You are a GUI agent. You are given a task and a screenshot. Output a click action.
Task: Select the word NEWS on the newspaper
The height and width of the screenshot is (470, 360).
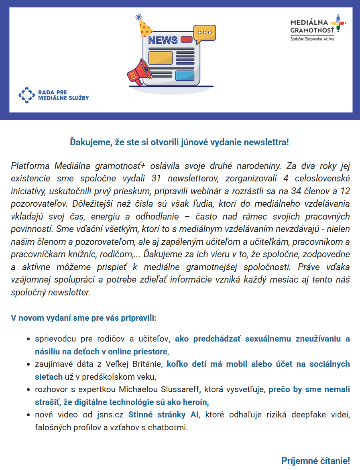[163, 40]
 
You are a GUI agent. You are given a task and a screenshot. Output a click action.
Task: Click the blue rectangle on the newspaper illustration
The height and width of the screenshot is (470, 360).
[185, 75]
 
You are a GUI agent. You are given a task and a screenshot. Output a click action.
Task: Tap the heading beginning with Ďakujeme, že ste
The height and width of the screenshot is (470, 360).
[179, 142]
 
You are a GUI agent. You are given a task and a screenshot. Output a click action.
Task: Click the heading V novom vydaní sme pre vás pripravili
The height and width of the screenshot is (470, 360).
[83, 318]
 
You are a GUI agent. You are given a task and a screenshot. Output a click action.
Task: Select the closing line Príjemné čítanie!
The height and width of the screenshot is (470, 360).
[315, 461]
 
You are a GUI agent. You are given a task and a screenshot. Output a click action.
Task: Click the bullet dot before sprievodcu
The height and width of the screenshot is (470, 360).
[28, 339]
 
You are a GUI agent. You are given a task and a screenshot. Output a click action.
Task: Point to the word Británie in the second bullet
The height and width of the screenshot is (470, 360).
[143, 364]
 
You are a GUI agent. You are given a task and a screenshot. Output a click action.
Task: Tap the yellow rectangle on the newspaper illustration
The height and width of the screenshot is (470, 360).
[160, 57]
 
